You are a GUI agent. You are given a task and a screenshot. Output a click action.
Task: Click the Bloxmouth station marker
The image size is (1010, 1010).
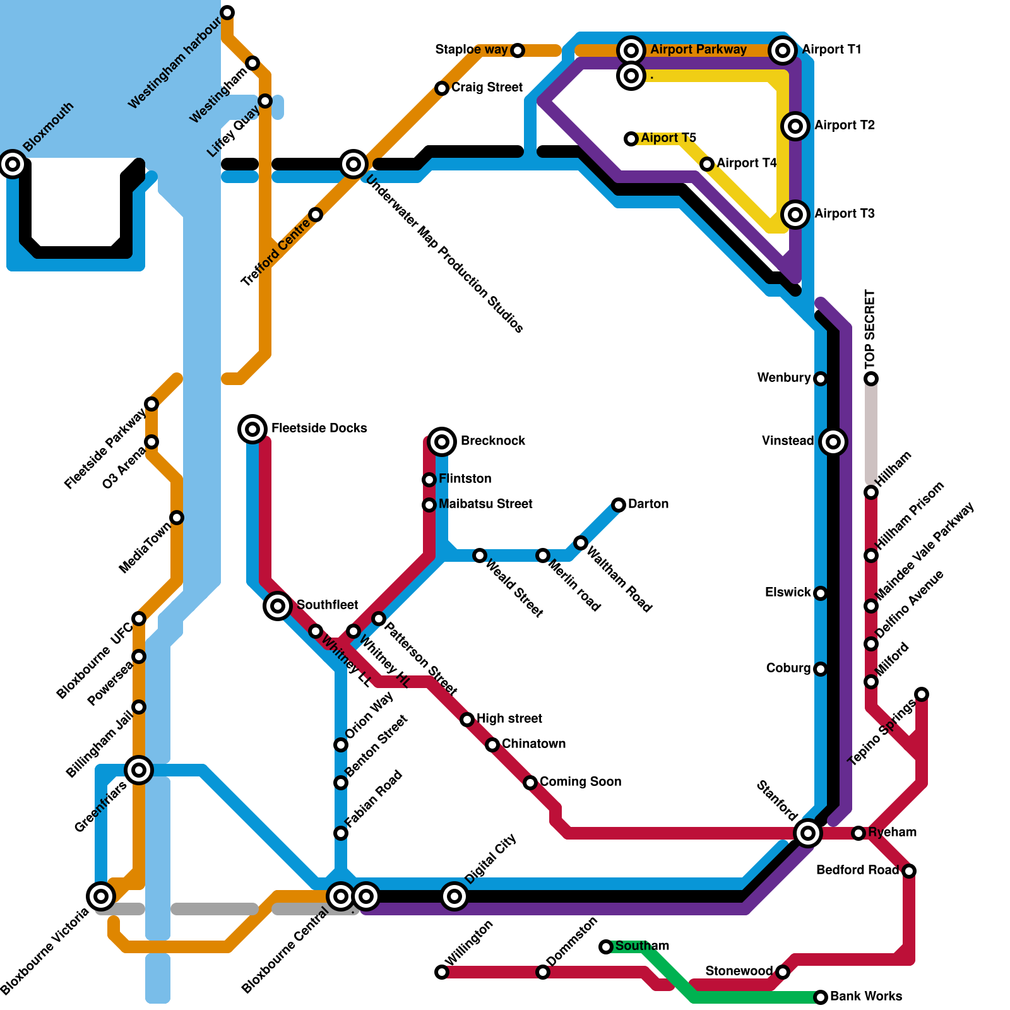(13, 164)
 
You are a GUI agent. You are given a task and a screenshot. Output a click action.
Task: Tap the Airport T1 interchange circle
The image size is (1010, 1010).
(783, 50)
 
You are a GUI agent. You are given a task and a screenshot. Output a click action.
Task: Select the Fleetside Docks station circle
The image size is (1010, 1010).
(252, 429)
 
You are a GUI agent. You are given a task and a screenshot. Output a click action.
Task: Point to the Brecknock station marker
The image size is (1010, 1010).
(442, 441)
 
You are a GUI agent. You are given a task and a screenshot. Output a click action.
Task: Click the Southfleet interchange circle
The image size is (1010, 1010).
(278, 606)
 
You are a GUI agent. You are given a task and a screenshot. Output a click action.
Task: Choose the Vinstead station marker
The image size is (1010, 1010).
(833, 442)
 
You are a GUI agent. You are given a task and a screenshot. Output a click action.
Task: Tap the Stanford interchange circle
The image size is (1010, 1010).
(808, 833)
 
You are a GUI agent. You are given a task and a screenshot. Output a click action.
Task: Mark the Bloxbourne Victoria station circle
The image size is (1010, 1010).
(101, 896)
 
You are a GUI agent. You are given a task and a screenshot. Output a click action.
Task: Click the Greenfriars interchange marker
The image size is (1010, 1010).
(139, 770)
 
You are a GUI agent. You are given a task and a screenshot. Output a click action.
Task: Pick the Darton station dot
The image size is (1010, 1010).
(619, 505)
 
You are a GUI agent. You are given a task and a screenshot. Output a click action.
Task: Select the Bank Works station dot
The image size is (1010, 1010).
(821, 997)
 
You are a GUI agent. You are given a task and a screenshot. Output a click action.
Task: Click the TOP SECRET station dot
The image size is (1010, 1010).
(871, 379)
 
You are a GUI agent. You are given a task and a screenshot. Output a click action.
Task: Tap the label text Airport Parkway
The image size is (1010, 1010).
(698, 50)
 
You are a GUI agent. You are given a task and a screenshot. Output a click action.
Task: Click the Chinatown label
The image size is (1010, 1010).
(533, 744)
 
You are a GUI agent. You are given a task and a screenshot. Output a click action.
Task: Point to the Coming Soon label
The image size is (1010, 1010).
(580, 782)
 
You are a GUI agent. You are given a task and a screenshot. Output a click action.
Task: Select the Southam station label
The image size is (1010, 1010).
(642, 946)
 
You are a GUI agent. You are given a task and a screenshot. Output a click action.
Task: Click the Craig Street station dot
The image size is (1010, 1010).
(442, 88)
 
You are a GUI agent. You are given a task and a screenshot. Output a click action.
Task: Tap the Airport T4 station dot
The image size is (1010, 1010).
(707, 164)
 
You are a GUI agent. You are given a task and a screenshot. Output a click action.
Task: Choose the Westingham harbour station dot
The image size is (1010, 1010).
(227, 13)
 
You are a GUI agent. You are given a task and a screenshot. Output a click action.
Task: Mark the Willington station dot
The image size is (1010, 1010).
(442, 972)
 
